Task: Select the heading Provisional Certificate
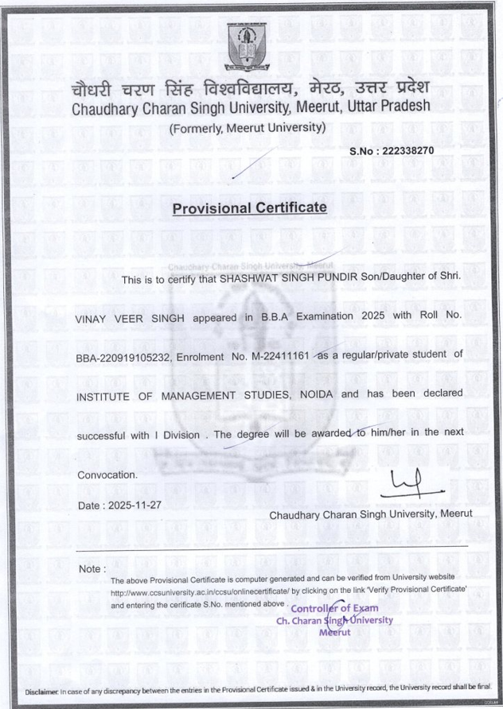coord(250,208)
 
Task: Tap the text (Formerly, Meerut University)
coord(248,127)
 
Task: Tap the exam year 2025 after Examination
coord(378,318)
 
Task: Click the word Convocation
coord(106,475)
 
